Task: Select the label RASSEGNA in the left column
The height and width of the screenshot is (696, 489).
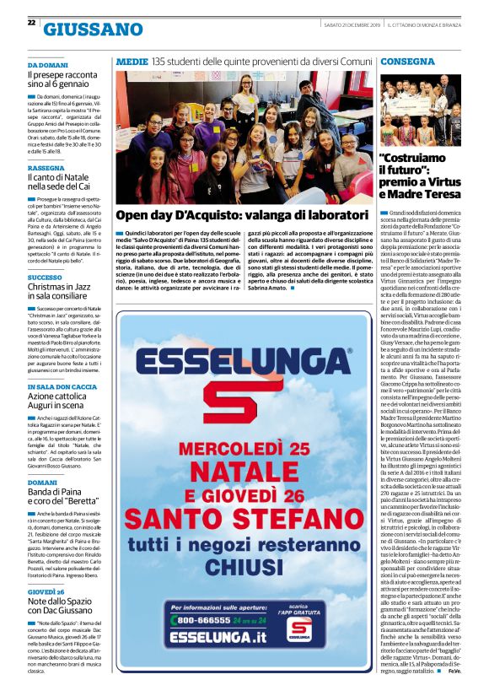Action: point(46,168)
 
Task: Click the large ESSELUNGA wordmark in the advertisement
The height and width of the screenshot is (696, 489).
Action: point(244,361)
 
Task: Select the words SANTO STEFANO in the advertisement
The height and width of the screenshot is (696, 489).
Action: point(244,515)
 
